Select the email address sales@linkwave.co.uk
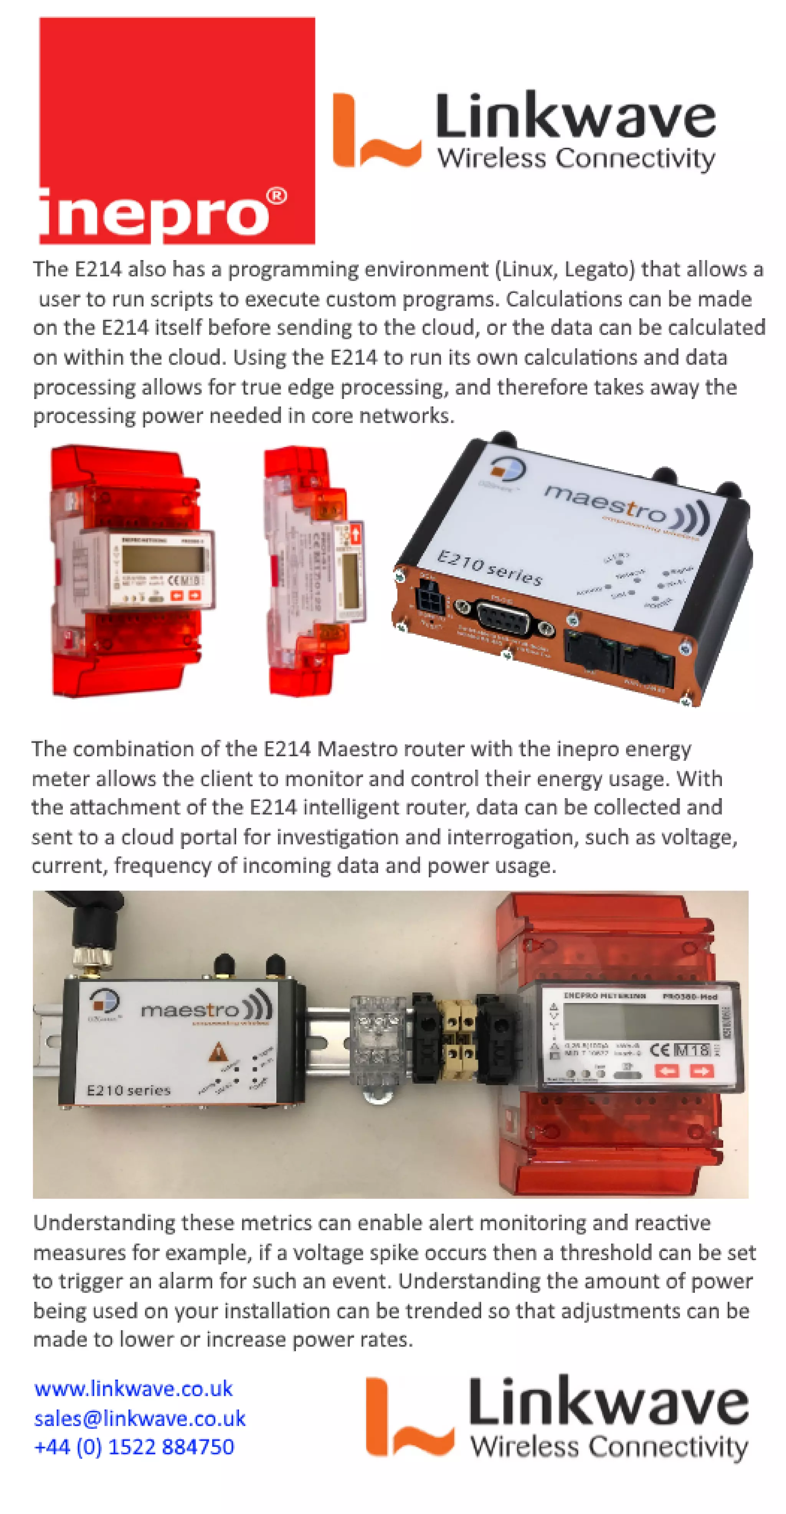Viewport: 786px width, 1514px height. pyautogui.click(x=139, y=1418)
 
